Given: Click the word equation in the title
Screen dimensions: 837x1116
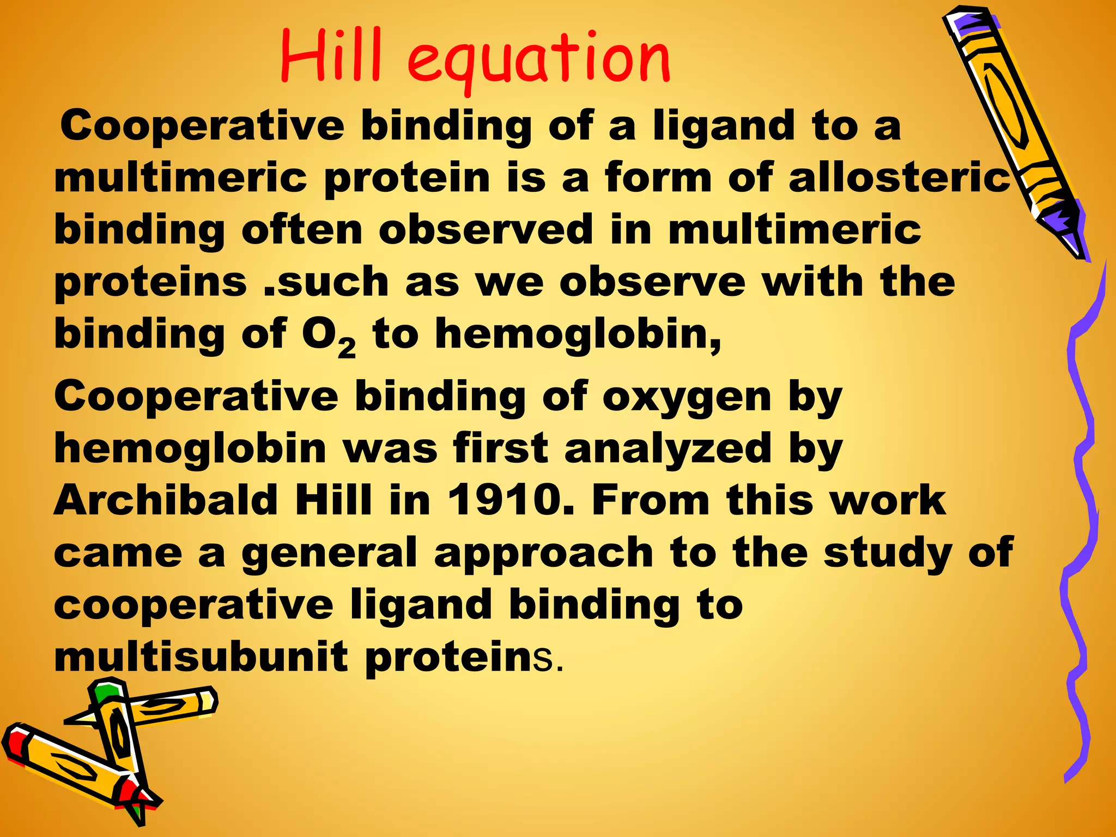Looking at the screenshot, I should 538,60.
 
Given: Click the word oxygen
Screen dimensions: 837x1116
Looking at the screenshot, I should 687,398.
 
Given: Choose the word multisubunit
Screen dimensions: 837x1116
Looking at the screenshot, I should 201,657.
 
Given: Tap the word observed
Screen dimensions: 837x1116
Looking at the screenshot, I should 486,230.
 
